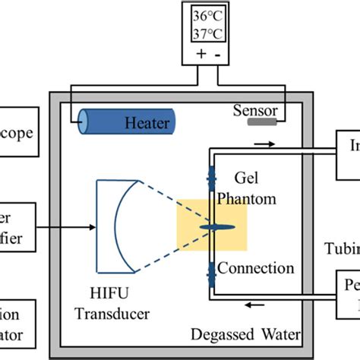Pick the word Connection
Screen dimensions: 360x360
[x=257, y=268]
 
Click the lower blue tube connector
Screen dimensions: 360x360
[x=210, y=271]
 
